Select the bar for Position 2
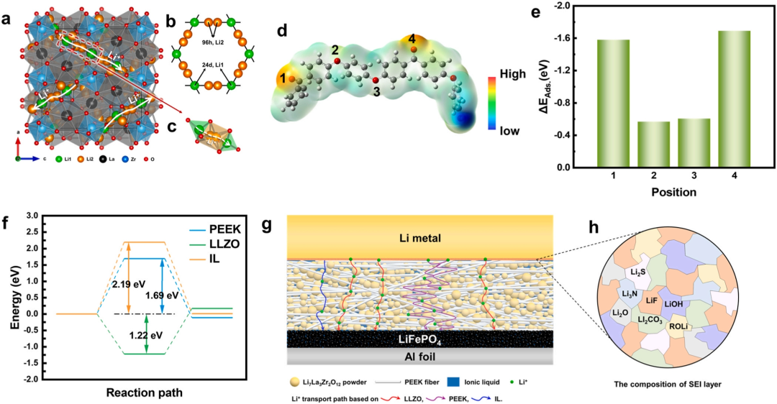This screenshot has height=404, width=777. (x=638, y=144)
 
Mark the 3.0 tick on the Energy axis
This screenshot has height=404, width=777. (x=40, y=214)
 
